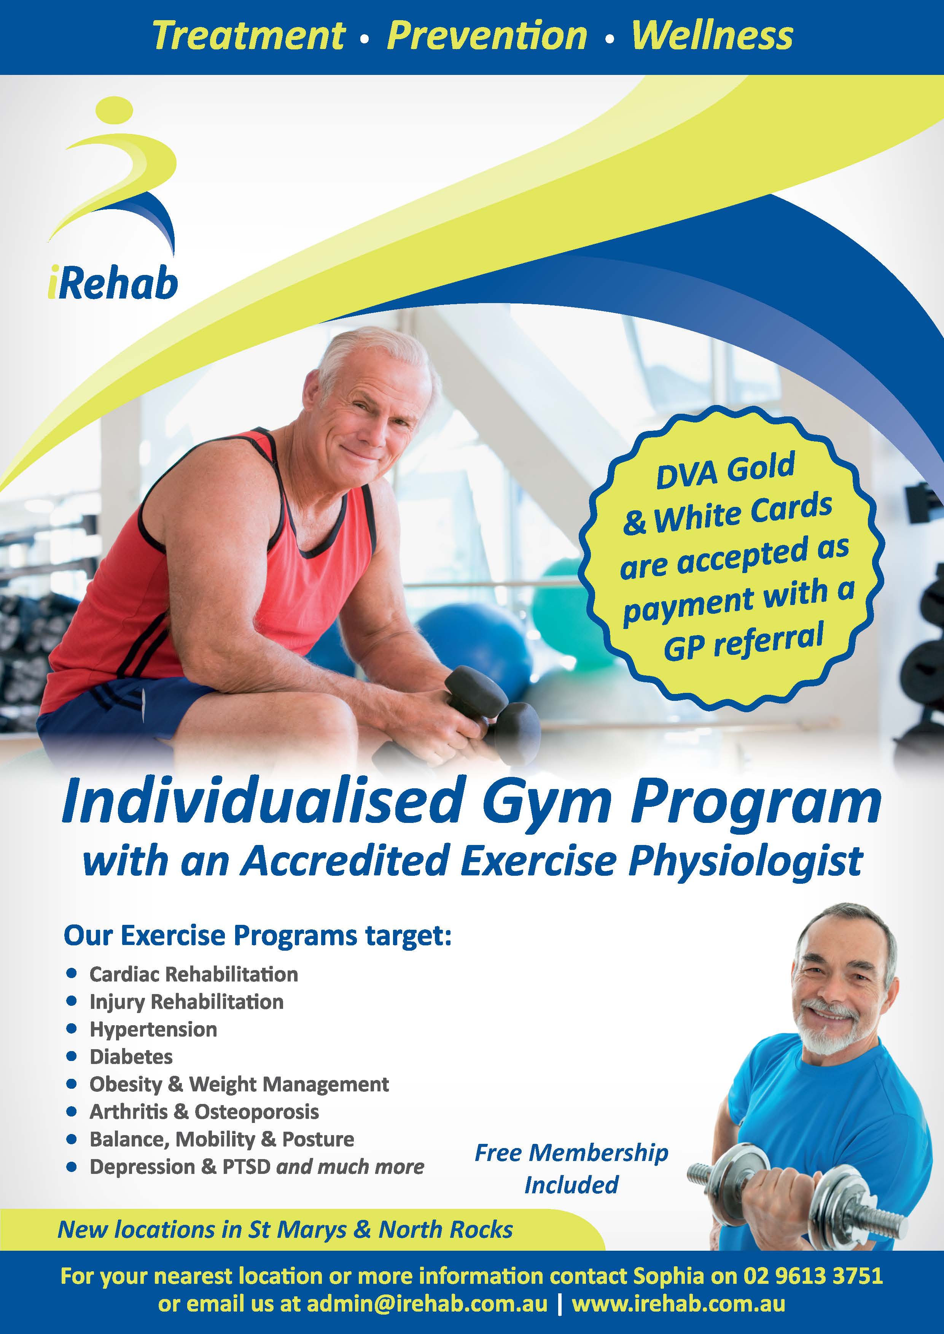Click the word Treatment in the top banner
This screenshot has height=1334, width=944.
249,36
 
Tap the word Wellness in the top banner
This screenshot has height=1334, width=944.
712,36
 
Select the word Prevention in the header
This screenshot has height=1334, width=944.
487,36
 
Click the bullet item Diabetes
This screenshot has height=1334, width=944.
131,1056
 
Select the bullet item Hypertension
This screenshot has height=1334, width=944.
153,1029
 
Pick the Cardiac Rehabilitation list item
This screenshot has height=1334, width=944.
194,974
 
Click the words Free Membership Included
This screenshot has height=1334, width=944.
571,1169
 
